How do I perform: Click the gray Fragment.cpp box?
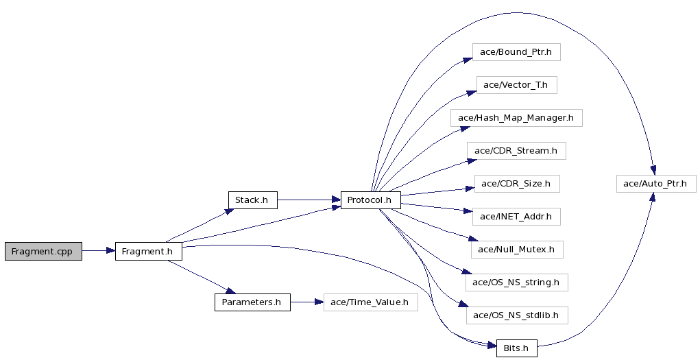point(43,252)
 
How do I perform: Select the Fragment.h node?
point(149,252)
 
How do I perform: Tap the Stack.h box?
point(253,200)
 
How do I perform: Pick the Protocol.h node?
point(370,200)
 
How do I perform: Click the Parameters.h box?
point(253,302)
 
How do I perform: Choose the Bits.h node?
point(516,348)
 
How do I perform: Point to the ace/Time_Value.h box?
point(370,302)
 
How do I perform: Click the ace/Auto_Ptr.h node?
point(656,184)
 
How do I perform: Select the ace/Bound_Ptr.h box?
point(516,52)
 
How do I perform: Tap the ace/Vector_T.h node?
point(516,85)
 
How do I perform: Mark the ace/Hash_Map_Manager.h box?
point(516,118)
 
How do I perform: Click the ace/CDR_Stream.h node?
point(516,151)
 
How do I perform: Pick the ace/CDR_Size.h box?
point(516,184)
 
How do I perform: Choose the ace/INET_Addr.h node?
point(516,217)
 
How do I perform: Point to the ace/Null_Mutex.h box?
point(516,250)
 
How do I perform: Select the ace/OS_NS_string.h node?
point(516,283)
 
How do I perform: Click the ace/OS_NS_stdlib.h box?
point(516,315)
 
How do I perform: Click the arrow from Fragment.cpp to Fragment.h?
point(99,251)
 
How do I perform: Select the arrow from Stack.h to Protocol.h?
point(309,200)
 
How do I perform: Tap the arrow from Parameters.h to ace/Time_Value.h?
point(307,302)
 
